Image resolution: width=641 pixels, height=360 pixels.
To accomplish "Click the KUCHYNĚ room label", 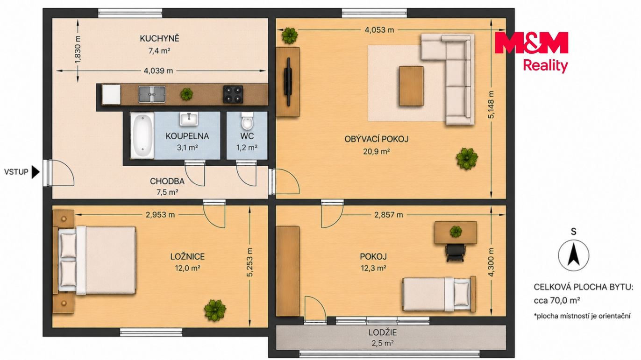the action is [159, 38].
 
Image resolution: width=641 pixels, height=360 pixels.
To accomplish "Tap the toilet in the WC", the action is [247, 120].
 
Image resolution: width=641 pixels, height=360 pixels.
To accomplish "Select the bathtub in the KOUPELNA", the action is [142, 135].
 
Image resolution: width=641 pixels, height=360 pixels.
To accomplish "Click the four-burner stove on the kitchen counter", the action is [233, 94].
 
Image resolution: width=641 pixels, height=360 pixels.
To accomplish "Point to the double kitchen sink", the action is [152, 94].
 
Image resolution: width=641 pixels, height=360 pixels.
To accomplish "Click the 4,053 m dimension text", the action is [379, 30].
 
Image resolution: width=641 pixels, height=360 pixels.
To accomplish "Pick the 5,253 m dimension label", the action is [250, 262].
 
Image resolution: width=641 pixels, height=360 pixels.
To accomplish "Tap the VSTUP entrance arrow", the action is [36, 172].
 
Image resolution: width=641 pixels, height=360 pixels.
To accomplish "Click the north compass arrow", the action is [573, 254].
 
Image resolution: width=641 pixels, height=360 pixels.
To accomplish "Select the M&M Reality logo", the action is [531, 51].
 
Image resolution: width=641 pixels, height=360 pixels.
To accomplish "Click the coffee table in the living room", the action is [411, 86].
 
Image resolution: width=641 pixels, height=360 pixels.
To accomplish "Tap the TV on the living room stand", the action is [288, 82].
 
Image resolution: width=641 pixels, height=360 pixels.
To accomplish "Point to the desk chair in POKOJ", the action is [455, 253].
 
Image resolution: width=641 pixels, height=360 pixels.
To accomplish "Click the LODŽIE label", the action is [383, 332].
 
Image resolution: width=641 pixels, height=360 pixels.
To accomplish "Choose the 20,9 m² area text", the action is [376, 152].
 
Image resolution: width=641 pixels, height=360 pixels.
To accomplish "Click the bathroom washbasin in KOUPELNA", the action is [189, 119].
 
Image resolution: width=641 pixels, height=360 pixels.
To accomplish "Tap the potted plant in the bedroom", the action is [215, 310].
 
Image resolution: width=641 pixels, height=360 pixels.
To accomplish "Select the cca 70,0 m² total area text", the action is [557, 301].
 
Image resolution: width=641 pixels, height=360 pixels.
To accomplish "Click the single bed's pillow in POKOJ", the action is [462, 294].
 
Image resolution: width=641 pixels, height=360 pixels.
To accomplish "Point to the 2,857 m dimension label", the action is [389, 215].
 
